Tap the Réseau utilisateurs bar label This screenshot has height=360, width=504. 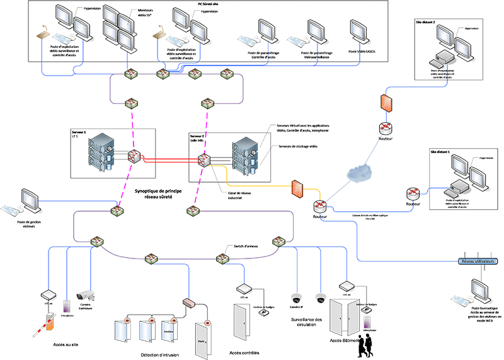[x=478, y=260]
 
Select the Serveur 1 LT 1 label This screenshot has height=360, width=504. [x=80, y=134]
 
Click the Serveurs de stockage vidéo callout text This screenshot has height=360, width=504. [x=297, y=146]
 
